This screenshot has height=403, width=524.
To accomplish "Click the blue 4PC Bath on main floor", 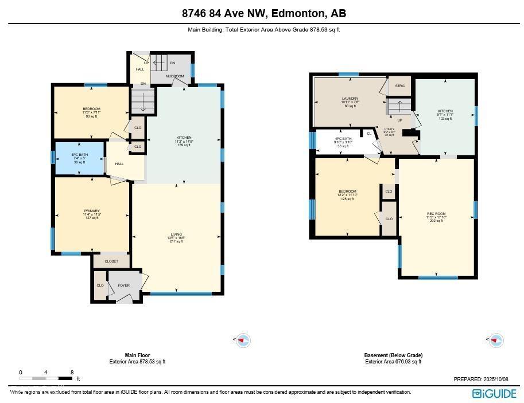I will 79,158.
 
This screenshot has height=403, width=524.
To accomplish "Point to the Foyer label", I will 123,285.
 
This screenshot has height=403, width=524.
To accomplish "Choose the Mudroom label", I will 174,76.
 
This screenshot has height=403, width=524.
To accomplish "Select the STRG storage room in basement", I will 399,86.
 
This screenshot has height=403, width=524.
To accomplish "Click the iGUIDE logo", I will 494,393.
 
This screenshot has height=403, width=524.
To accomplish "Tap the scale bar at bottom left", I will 46,378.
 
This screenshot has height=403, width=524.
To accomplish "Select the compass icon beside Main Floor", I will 243,340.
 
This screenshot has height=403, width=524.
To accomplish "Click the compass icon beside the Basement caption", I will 495,340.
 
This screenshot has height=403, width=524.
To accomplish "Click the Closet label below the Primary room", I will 111,261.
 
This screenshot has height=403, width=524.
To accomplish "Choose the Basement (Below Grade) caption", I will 393,355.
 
